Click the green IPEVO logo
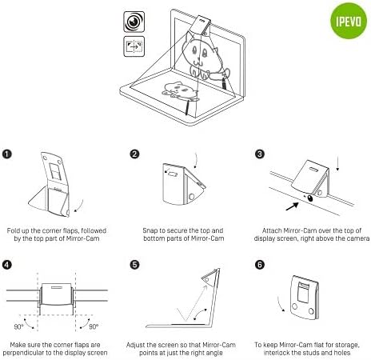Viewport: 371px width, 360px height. click(x=349, y=21)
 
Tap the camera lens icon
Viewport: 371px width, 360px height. click(x=134, y=22)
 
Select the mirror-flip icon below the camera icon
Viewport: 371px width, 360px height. click(x=134, y=46)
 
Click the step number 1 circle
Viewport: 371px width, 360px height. click(x=7, y=154)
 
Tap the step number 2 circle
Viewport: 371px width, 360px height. click(x=134, y=154)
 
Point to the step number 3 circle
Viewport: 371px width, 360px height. click(x=260, y=154)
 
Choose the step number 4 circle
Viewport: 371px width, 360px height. click(x=7, y=265)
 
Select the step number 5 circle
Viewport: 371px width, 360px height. click(x=134, y=265)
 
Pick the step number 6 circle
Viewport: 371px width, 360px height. click(x=260, y=265)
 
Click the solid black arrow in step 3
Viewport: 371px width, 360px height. click(x=292, y=206)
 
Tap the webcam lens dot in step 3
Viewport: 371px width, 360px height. click(x=310, y=198)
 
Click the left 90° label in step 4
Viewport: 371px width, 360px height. click(x=18, y=326)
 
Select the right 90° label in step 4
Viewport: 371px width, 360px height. click(x=94, y=326)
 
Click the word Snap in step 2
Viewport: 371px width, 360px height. click(x=150, y=230)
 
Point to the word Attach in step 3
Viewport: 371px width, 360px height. click(x=272, y=230)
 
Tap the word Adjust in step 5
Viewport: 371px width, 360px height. click(x=135, y=345)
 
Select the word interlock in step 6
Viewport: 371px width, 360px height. click(x=276, y=353)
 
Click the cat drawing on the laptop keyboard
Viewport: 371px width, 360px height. click(x=181, y=90)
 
